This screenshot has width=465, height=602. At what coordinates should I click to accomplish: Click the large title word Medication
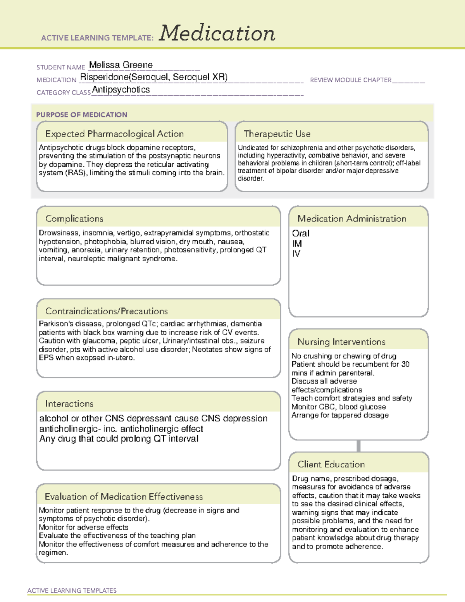[217, 33]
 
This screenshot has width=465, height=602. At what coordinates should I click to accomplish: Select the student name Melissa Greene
[121, 65]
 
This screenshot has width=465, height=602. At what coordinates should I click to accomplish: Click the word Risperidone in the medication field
[104, 77]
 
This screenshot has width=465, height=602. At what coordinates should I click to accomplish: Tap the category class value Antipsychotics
[121, 90]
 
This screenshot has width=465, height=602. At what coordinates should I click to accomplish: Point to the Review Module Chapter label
[351, 80]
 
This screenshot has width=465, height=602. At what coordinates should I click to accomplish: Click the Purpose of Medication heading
[82, 115]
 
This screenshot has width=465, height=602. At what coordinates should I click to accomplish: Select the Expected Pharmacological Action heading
[114, 134]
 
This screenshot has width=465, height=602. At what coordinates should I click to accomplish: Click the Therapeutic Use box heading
[277, 134]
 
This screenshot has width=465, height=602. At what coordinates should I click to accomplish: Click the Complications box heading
[74, 219]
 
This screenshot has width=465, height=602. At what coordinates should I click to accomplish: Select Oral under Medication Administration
[301, 233]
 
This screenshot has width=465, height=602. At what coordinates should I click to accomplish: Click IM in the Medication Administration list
[297, 244]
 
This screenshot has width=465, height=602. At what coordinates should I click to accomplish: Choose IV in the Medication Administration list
[296, 254]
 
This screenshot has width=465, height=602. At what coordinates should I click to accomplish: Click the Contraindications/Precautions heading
[107, 311]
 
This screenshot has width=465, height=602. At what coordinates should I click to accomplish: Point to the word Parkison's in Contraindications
[57, 324]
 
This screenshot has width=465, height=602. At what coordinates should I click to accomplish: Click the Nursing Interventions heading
[341, 342]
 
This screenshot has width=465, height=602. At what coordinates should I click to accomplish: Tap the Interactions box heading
[69, 404]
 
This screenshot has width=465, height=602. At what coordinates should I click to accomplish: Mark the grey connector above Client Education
[358, 446]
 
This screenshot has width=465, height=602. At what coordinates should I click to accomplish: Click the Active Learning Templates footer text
[72, 590]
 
